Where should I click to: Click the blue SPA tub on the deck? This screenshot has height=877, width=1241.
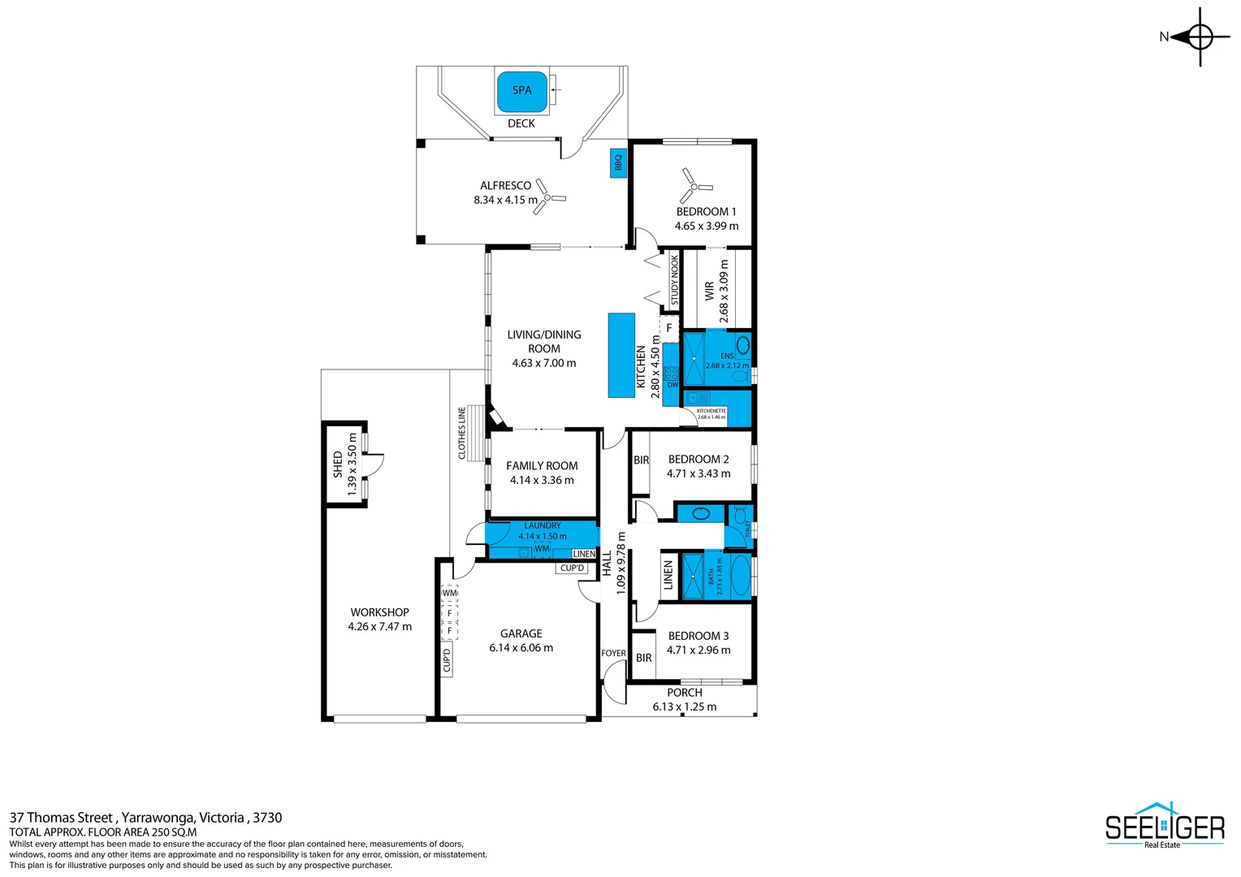(x=521, y=92)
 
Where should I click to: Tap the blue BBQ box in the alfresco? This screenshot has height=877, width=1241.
(x=618, y=163)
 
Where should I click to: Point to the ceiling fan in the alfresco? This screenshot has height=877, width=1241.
(x=549, y=197)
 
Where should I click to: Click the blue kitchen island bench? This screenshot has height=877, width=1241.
(x=621, y=356)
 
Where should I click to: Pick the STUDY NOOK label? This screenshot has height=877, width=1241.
(x=674, y=280)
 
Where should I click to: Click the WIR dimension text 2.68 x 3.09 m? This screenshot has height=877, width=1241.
(x=724, y=292)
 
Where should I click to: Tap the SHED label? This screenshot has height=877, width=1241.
(x=338, y=464)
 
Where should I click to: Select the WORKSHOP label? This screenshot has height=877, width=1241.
(x=379, y=612)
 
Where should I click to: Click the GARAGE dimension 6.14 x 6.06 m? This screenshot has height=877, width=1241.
(x=521, y=648)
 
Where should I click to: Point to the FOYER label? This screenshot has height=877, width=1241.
(x=613, y=653)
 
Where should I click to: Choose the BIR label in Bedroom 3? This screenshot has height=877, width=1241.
(x=643, y=658)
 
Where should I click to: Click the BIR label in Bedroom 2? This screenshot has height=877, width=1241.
(x=641, y=460)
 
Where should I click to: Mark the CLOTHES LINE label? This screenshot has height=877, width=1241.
(x=462, y=433)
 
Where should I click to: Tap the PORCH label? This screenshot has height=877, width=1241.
(x=684, y=693)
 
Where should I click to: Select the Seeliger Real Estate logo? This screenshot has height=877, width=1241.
(x=1164, y=826)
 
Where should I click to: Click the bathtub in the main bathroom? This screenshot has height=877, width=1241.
(x=741, y=576)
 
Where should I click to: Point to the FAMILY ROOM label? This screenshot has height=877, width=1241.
(x=542, y=465)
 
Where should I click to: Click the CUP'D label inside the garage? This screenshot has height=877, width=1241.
(x=447, y=660)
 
